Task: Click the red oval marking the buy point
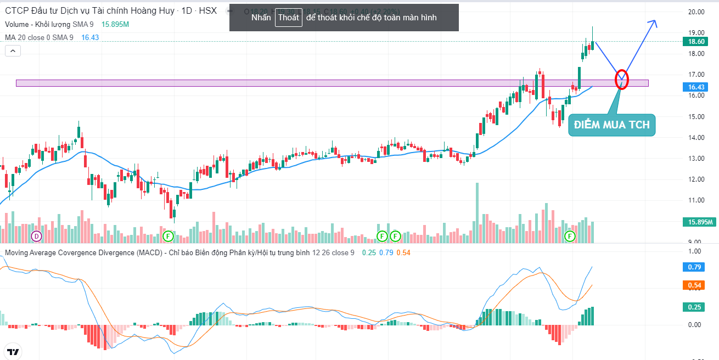point(621,80)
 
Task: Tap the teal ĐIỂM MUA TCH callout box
point(611,125)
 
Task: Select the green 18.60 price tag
point(696,42)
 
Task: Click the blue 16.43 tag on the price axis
point(696,87)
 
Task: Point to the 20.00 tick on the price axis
point(696,12)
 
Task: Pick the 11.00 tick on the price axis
point(696,200)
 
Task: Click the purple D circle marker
point(36,237)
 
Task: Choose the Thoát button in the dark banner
point(289,18)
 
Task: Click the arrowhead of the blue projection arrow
point(653,22)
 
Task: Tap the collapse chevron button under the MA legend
point(13,51)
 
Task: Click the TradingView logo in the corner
point(13,352)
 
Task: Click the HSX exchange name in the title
point(207,10)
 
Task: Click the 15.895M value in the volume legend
point(115,24)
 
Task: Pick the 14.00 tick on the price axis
point(696,138)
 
